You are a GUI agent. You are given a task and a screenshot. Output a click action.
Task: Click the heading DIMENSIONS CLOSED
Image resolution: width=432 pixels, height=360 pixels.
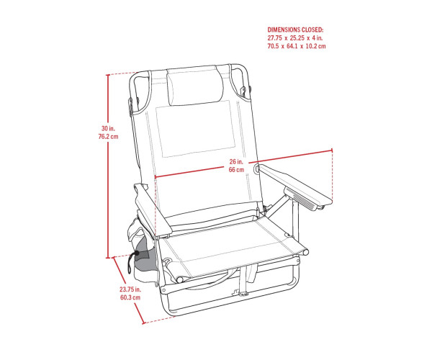(x=295, y=30)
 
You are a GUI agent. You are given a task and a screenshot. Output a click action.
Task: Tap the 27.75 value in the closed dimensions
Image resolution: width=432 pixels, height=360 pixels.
(x=275, y=37)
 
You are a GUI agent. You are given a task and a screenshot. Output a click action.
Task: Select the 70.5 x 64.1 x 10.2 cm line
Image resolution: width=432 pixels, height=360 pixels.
(x=297, y=46)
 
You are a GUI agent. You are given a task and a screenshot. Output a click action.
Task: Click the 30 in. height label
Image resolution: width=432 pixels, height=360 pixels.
(x=108, y=128)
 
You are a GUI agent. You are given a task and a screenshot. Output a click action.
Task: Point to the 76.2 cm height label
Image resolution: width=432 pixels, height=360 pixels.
(x=108, y=136)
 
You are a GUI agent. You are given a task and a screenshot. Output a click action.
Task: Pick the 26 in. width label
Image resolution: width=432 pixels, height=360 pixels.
(x=236, y=162)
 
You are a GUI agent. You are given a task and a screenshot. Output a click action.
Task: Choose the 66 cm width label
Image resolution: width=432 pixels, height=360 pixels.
(x=236, y=170)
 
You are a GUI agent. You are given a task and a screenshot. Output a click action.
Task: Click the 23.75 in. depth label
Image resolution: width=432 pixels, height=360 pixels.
(x=130, y=289)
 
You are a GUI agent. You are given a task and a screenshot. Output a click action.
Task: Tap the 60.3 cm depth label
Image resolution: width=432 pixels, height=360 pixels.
(x=130, y=297)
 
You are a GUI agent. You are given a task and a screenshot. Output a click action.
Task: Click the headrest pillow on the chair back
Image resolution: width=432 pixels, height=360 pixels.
(x=195, y=87)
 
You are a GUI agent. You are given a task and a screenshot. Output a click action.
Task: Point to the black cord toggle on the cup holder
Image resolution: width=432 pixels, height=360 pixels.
(x=136, y=253)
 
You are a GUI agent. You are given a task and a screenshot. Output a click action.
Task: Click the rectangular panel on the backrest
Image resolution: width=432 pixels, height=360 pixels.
(x=196, y=129)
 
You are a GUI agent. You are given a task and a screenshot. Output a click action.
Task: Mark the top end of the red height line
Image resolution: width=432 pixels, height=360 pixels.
(x=108, y=75)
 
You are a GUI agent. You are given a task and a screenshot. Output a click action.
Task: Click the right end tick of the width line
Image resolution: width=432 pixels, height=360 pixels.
(x=332, y=150)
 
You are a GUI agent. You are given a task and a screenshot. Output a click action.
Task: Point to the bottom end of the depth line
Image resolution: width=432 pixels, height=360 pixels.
(x=143, y=323)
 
